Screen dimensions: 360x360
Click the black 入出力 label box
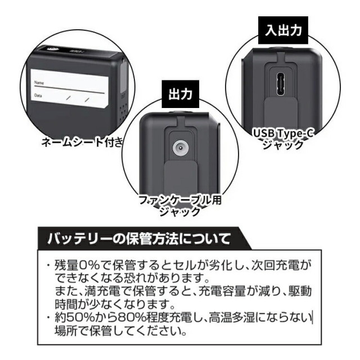[x=283, y=30]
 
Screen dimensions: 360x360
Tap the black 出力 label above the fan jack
[x=181, y=94]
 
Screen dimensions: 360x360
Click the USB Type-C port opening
[x=281, y=85]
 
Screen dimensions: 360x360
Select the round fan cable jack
[x=180, y=147]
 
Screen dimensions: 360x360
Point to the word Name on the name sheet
[x=39, y=83]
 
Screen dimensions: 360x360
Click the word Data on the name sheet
[x=38, y=95]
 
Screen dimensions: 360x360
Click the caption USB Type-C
[x=283, y=133]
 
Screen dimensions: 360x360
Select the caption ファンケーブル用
[x=180, y=200]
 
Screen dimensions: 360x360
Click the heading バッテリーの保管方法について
[x=139, y=238]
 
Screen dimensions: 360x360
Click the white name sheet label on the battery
[x=70, y=88]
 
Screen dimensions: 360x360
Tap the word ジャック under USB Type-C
[x=283, y=145]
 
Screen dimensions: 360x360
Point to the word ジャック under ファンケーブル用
[x=180, y=211]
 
